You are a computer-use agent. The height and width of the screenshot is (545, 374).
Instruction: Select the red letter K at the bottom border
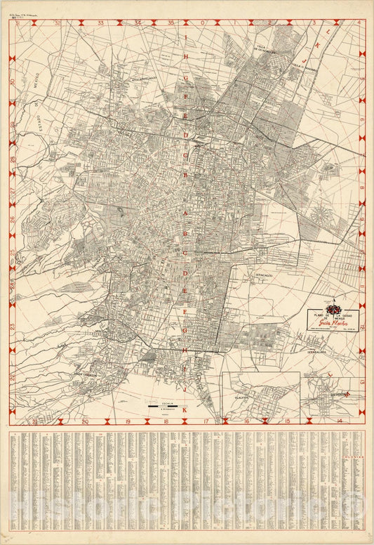(x=185, y=409)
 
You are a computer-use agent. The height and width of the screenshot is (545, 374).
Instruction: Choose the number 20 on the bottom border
(x=84, y=421)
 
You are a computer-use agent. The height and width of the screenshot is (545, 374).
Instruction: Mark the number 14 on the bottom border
(x=340, y=421)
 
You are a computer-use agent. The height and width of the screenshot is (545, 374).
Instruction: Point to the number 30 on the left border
(x=13, y=81)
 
